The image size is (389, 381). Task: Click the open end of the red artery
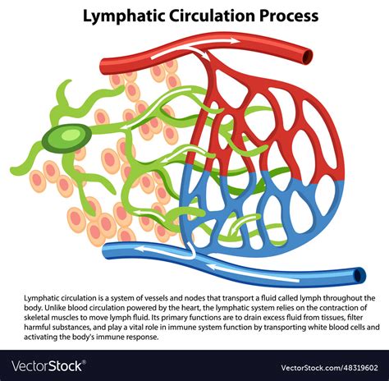click(308, 56)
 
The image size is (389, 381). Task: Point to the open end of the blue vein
click(359, 274)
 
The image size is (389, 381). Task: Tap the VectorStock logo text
click(49, 365)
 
